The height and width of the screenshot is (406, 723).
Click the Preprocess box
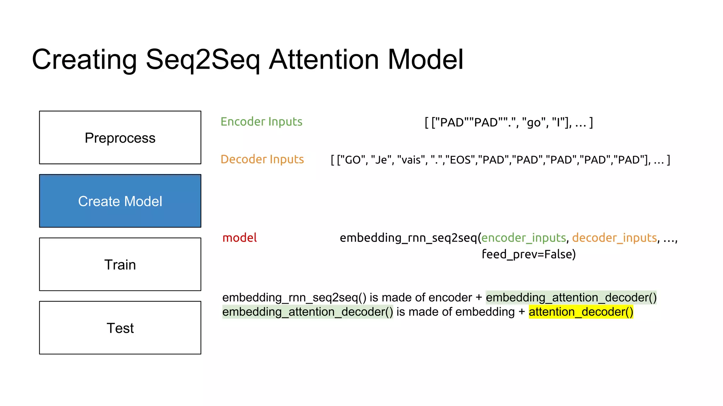pos(120,138)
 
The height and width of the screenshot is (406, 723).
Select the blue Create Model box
pos(120,201)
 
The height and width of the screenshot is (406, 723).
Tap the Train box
pos(120,264)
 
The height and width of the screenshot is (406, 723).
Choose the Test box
pos(120,328)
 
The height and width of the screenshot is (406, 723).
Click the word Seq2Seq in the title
pos(203,60)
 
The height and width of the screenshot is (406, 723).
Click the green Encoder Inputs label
pos(261,122)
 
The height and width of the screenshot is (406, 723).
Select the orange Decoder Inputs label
pos(262,159)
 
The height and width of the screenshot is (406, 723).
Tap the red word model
pos(239,238)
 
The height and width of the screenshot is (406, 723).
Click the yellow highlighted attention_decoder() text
pos(581,312)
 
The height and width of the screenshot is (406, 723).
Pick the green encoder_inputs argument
pos(524,238)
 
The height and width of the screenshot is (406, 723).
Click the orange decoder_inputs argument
pos(614,238)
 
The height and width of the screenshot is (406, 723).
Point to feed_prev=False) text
pos(528,254)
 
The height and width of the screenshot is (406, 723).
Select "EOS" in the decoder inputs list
pos(461,160)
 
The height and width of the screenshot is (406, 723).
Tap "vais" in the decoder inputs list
pos(411,160)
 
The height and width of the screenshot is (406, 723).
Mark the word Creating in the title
pos(84,60)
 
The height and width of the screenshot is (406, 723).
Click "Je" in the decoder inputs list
pos(381,160)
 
